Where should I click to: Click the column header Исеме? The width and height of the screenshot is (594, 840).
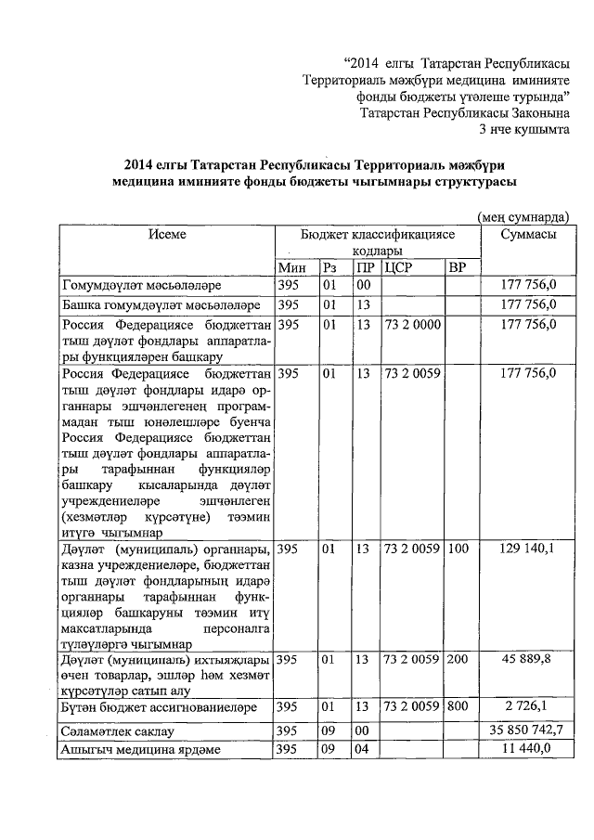pos(167,235)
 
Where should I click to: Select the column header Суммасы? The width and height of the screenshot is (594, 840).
pos(528,235)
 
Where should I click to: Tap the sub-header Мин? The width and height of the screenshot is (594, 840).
pos(291,268)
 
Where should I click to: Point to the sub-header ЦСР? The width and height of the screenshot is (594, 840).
pos(397,268)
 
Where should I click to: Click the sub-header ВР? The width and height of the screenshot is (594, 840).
pos(457,268)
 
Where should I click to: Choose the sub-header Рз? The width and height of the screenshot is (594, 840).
pos(329,268)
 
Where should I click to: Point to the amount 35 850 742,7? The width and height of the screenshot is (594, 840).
pos(520,730)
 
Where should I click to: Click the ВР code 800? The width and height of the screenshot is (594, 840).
pos(458,706)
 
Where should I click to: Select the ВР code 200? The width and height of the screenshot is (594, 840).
pos(458,659)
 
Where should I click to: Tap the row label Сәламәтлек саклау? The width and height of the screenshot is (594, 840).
pos(112,731)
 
